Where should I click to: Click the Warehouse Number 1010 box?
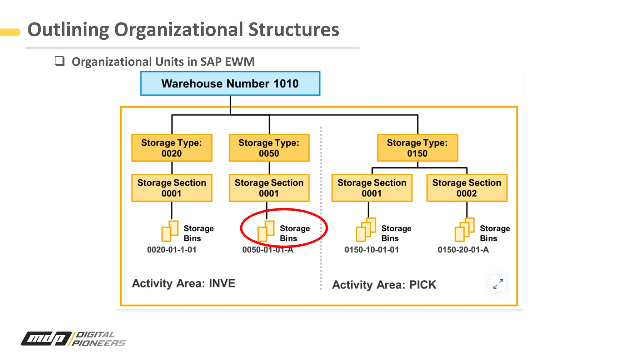pyautogui.click(x=230, y=83)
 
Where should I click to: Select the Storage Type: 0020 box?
pyautogui.click(x=172, y=148)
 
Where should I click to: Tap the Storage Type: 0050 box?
pyautogui.click(x=269, y=148)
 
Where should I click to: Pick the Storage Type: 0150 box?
pyautogui.click(x=417, y=148)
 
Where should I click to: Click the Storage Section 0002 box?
pyautogui.click(x=467, y=188)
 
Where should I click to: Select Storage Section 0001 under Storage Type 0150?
pyautogui.click(x=372, y=188)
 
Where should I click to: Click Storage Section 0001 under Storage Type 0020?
pyautogui.click(x=172, y=188)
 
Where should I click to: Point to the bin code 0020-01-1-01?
pyautogui.click(x=172, y=250)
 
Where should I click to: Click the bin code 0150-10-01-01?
pyautogui.click(x=372, y=250)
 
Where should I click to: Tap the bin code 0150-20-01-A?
pyautogui.click(x=463, y=250)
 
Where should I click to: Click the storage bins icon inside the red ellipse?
pyautogui.click(x=266, y=231)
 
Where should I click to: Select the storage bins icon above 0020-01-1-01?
pyautogui.click(x=170, y=231)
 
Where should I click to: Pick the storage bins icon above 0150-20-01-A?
pyautogui.click(x=464, y=230)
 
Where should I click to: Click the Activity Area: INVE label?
pyautogui.click(x=183, y=283)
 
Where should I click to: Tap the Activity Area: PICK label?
pyautogui.click(x=384, y=285)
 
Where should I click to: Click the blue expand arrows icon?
pyautogui.click(x=498, y=284)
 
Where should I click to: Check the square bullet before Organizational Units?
pyautogui.click(x=59, y=61)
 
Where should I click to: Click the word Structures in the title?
pyautogui.click(x=293, y=30)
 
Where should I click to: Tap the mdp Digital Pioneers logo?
pyautogui.click(x=73, y=339)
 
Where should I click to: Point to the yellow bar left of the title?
pyautogui.click(x=10, y=32)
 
